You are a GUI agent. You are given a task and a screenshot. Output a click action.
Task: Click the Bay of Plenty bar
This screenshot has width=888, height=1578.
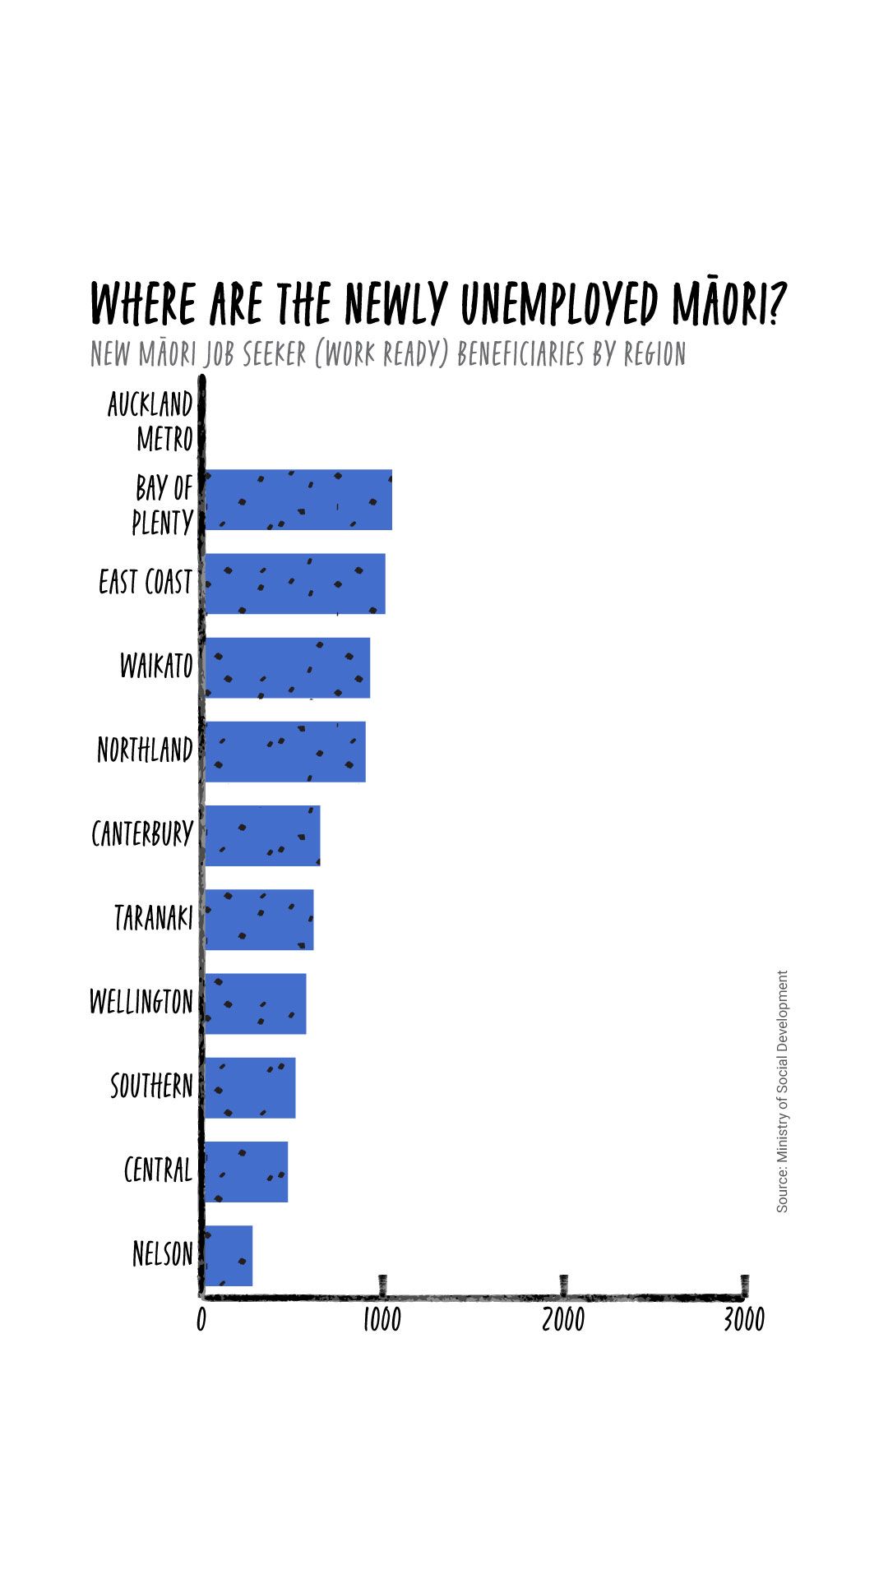point(298,501)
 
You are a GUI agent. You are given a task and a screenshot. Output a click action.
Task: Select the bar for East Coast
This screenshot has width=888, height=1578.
point(294,584)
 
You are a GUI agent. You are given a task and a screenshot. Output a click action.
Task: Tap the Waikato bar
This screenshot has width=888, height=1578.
point(287,668)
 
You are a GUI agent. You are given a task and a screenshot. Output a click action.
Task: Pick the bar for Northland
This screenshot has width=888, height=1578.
point(284,752)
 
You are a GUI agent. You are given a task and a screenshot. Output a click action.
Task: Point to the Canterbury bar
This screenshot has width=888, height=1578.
point(262,836)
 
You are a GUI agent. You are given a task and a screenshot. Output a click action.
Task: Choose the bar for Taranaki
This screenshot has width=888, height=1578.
point(259,920)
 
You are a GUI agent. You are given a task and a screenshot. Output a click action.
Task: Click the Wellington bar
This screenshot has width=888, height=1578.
point(255,1004)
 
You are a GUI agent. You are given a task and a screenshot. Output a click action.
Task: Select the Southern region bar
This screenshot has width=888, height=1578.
point(250,1088)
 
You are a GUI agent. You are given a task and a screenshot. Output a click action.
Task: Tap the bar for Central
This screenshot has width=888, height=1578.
point(246,1172)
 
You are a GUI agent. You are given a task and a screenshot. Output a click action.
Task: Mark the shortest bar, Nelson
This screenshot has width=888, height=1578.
point(229,1256)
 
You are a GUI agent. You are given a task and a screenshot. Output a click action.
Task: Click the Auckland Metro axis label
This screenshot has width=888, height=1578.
point(151,422)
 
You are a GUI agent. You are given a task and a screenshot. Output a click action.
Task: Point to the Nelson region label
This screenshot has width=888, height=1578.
point(163,1255)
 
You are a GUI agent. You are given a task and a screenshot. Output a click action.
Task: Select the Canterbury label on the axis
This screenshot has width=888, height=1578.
point(142,834)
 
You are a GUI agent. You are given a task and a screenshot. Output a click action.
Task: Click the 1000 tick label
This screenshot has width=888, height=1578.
point(382,1320)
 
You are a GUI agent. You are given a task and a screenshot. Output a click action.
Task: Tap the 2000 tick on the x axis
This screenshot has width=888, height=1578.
point(563,1320)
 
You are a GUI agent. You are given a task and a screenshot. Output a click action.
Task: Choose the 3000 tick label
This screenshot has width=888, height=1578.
point(744,1320)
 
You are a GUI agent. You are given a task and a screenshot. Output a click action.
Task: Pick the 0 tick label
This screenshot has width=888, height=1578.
point(201,1320)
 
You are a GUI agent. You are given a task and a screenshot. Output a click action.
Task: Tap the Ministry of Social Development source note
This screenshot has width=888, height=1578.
point(782,1091)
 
